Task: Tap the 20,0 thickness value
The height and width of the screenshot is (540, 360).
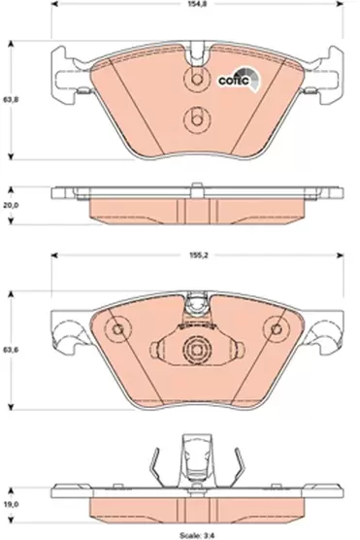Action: coord(10,206)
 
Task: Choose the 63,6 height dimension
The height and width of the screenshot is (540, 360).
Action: coord(10,352)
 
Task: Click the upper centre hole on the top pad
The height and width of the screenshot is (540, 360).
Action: coord(196,83)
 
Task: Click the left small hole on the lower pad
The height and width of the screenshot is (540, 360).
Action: coord(118,331)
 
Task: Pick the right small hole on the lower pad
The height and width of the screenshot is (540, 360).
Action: coord(275,331)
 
